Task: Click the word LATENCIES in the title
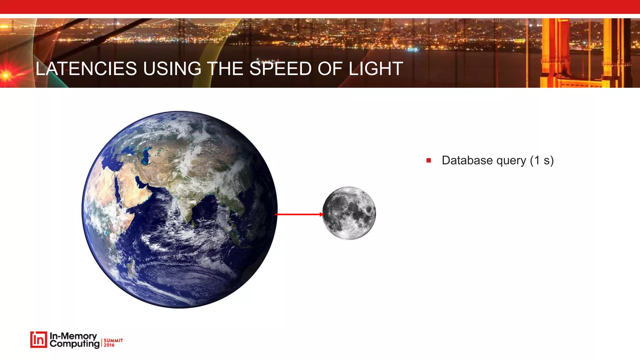pos(86,69)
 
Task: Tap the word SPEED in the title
pos(280,69)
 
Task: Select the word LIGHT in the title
pos(376,69)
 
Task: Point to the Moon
pos(349,213)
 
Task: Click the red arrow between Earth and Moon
pos(299,214)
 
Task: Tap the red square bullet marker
pos(428,161)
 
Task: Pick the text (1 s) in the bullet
pos(542,161)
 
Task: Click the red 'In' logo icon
pos(38,340)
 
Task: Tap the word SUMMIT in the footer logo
pos(113,340)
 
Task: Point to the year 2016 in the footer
pos(109,345)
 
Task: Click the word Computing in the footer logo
pos(74,344)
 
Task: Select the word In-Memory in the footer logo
pos(73,336)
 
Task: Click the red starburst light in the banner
pos(6,75)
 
